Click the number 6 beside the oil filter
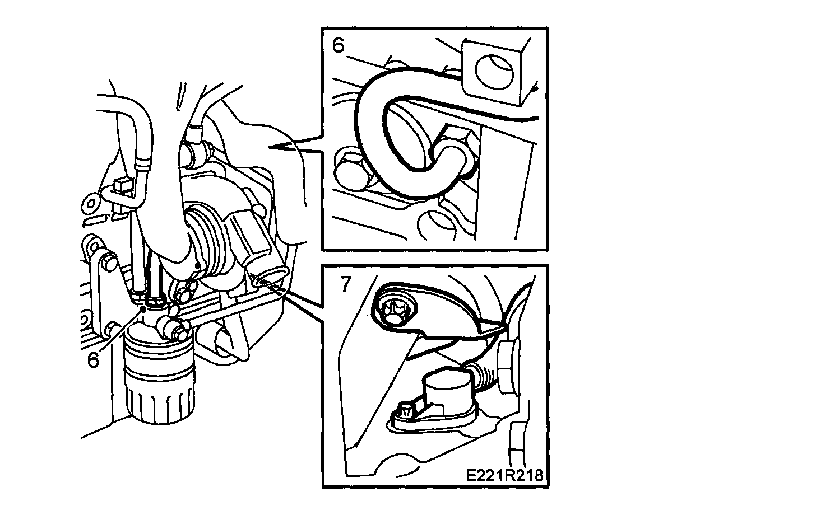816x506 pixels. tap(93, 359)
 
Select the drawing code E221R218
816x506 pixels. tap(504, 475)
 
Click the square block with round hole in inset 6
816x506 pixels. tap(494, 69)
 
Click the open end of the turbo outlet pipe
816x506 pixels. tap(271, 277)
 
